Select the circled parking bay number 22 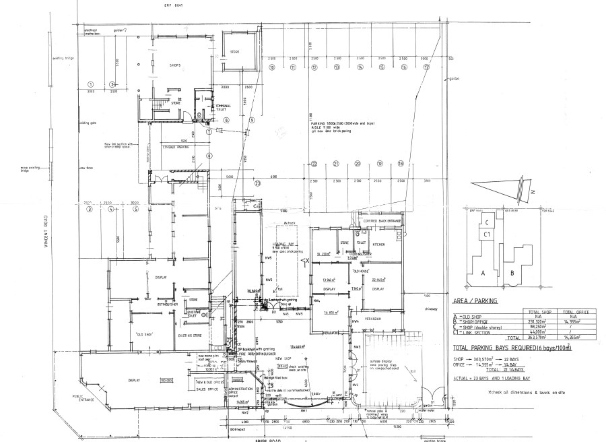314,164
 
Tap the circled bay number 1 90,84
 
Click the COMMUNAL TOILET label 223,108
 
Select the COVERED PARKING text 174,146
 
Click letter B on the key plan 513,273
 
